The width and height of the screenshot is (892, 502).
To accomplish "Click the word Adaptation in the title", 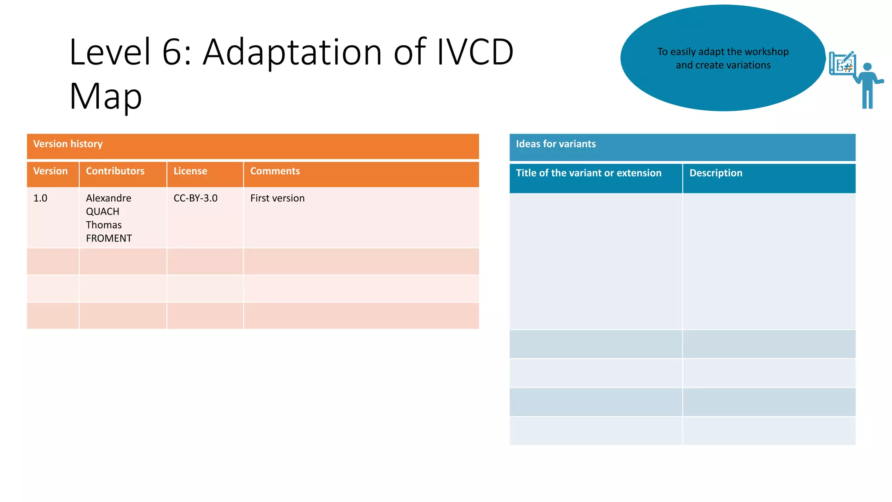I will click(x=293, y=52).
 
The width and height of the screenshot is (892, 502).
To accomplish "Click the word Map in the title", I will click(x=105, y=96).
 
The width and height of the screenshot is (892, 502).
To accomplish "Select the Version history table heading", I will click(x=68, y=144).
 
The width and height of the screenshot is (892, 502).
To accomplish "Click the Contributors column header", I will click(x=115, y=171).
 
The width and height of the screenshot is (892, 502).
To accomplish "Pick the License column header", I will click(x=190, y=171).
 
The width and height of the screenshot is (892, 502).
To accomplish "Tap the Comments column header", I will click(x=275, y=171).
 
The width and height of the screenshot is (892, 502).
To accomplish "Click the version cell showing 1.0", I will click(x=41, y=198).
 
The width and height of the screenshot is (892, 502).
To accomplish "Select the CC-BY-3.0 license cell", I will click(x=196, y=198).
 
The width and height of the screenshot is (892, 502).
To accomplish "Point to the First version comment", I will click(x=277, y=198).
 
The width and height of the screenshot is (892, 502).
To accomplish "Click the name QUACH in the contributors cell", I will click(x=103, y=212).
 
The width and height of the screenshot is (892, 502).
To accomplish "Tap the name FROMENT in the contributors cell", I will click(x=109, y=238).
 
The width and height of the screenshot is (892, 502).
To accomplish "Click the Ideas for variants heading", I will click(x=556, y=144).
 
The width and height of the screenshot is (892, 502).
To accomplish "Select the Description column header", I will click(x=716, y=173).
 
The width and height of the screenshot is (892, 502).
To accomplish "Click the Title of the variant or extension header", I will click(x=588, y=173).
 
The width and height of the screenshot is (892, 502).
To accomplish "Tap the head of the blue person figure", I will click(x=867, y=67).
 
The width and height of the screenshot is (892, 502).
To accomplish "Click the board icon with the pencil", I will click(x=842, y=64).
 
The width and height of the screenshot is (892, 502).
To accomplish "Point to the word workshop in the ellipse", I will click(x=767, y=52).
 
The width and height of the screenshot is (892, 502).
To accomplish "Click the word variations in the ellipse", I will click(x=748, y=65).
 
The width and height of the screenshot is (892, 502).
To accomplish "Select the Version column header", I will click(x=51, y=171).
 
